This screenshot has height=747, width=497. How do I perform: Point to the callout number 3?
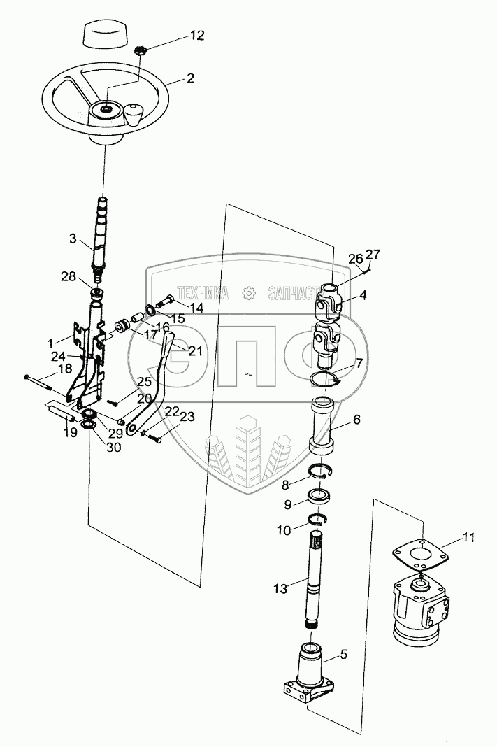coord(73,238)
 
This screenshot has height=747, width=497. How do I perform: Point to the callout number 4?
coord(363,295)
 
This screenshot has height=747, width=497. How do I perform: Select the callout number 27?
coord(374,255)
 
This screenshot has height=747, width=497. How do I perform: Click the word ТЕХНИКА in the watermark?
coord(203,293)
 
